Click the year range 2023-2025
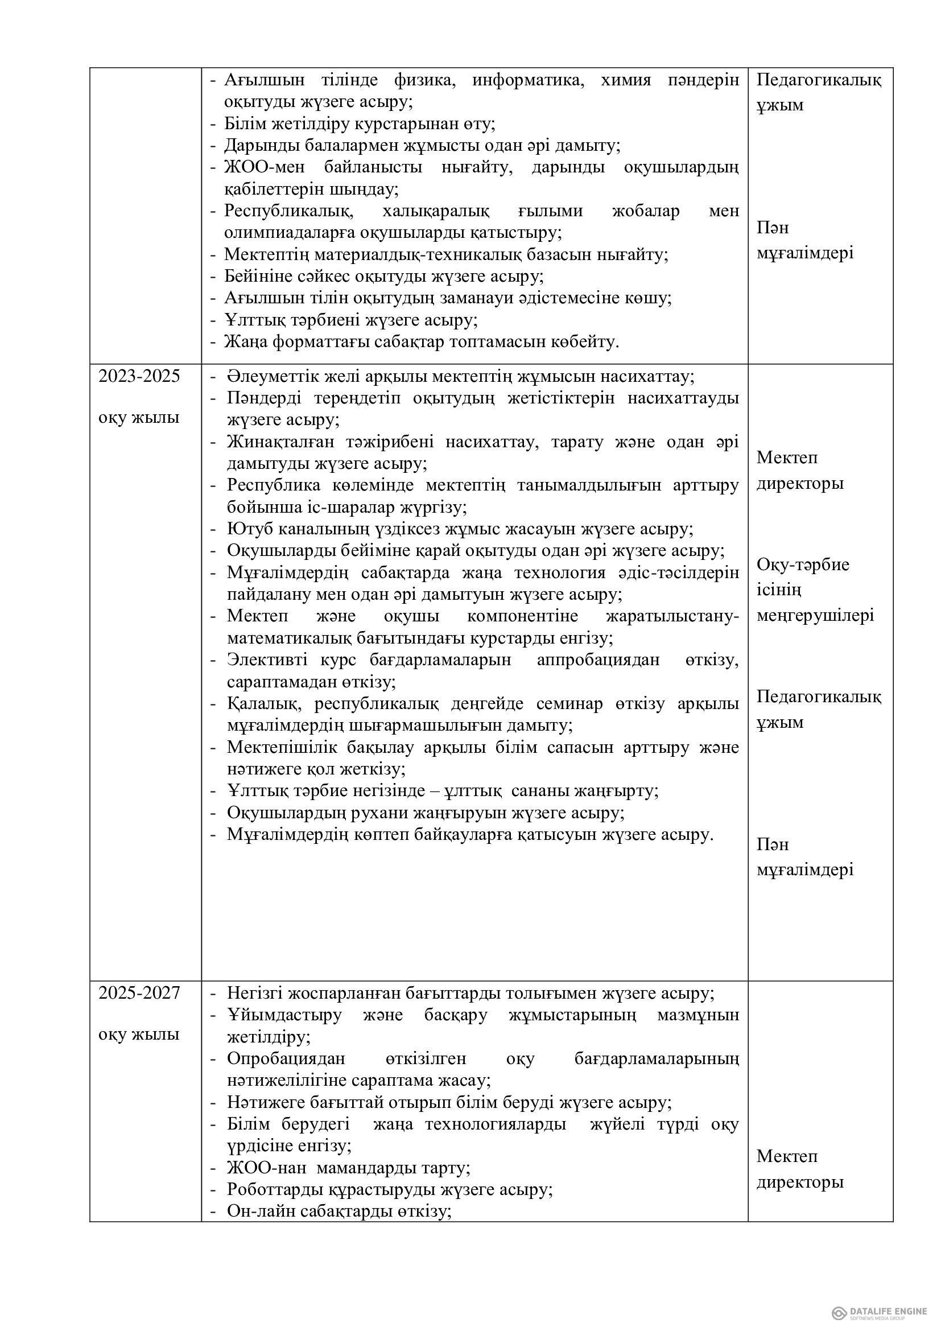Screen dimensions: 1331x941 tap(139, 377)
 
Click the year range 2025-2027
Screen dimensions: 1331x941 tap(139, 993)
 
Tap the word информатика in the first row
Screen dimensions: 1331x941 tap(527, 80)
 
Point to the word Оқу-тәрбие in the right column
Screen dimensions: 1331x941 tap(803, 564)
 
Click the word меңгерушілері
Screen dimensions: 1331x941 tap(815, 615)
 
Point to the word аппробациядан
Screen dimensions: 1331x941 tap(598, 660)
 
